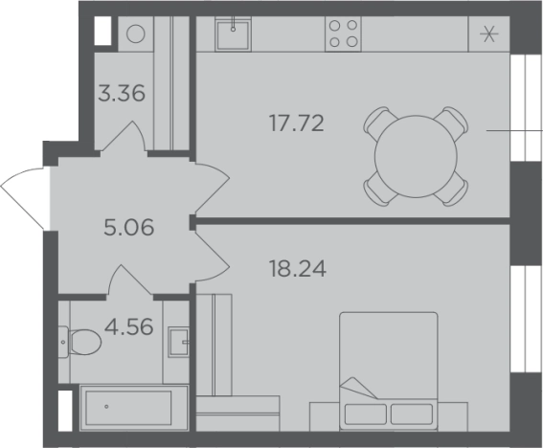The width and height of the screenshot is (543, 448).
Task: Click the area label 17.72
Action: click(297, 123)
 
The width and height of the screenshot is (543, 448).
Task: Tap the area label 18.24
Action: click(298, 269)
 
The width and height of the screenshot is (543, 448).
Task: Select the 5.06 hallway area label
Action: click(129, 228)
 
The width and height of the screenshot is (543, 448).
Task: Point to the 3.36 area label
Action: click(122, 94)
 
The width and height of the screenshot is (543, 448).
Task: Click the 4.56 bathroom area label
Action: click(129, 326)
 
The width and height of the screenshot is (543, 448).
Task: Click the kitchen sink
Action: click(233, 34)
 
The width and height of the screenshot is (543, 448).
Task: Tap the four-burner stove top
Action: click(343, 34)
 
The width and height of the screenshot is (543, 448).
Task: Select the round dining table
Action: click(416, 156)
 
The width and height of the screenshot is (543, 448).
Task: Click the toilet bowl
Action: click(84, 342)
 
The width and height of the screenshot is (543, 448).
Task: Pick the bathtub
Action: click(134, 408)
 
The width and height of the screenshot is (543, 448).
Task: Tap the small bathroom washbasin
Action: click(179, 342)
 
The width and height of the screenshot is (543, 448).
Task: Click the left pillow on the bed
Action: click(365, 414)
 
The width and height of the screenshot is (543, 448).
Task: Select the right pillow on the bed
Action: click(412, 414)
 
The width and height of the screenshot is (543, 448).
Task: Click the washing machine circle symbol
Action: click(135, 34)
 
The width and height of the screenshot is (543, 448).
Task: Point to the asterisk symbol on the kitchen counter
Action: click(489, 34)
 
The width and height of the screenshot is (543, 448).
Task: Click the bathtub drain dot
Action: click(106, 407)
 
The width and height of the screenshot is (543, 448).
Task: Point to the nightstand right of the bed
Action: click(453, 416)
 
